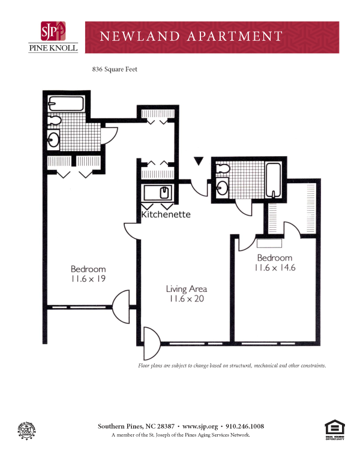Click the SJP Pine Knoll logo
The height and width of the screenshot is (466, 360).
53,37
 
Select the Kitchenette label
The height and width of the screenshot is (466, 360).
166,214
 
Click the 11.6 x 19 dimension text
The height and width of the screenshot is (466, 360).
88,279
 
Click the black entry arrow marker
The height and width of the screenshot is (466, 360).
199,161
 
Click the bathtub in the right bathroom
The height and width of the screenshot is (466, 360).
274,179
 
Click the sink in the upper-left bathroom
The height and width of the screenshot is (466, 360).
53,140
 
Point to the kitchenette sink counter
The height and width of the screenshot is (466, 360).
158,193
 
